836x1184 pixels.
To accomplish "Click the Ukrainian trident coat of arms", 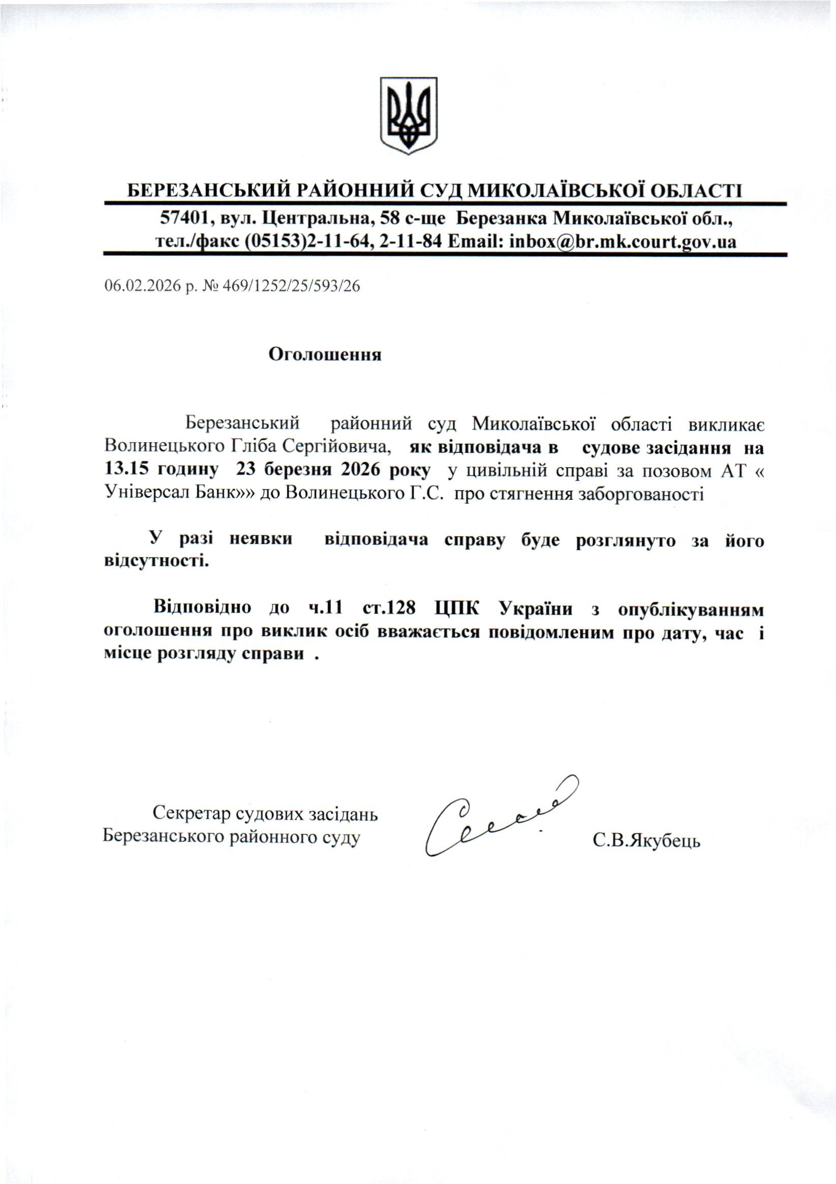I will [x=408, y=115].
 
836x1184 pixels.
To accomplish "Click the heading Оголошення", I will [x=325, y=355].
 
